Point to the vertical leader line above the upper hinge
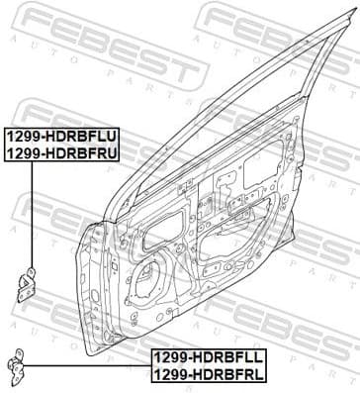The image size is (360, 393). (x=33, y=213)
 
